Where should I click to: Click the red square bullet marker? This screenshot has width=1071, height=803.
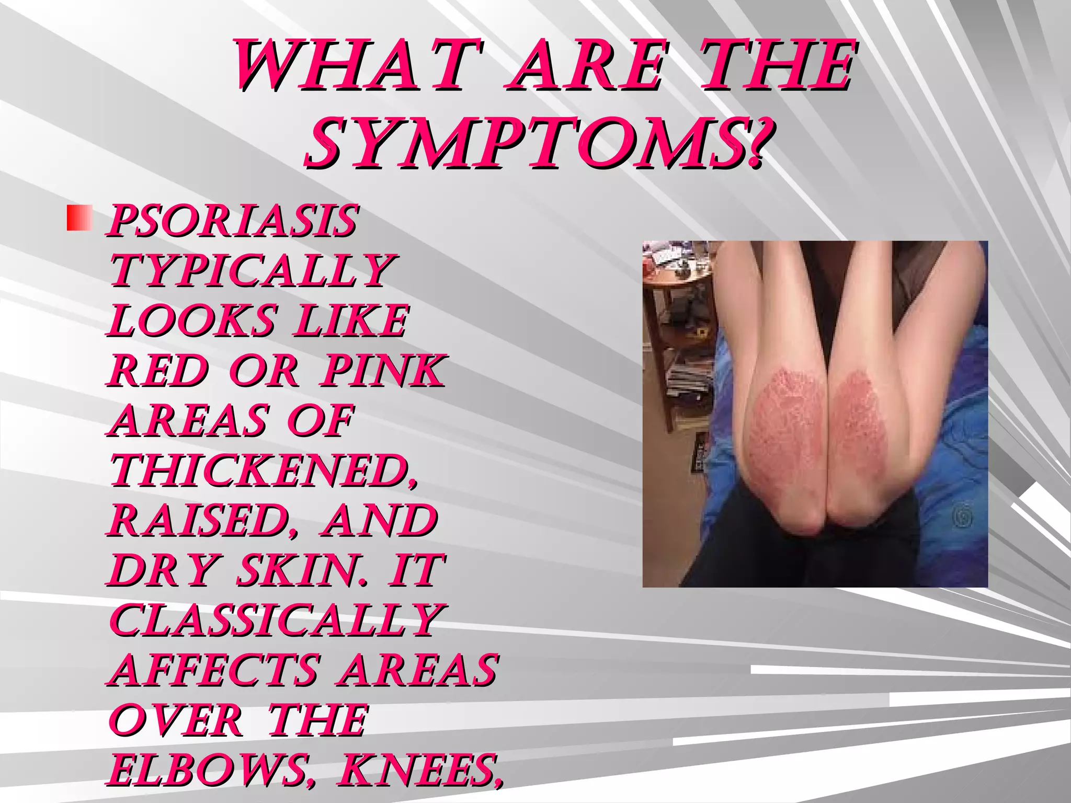click(x=79, y=219)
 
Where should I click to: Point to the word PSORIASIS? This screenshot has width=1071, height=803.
click(x=233, y=220)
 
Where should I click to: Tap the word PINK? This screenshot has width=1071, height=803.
click(x=383, y=371)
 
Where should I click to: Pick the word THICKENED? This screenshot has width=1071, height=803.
click(x=265, y=471)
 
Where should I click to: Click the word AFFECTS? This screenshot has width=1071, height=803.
click(x=214, y=670)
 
